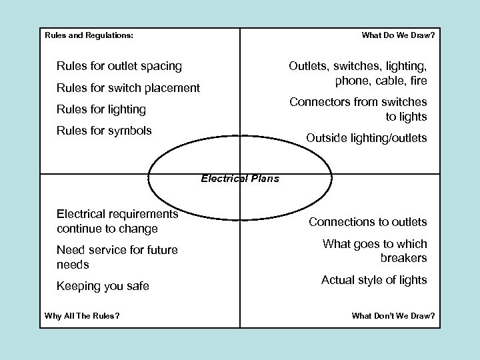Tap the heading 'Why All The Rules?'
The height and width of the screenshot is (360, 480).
pyautogui.click(x=82, y=315)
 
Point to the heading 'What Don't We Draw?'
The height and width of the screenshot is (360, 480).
pyautogui.click(x=393, y=315)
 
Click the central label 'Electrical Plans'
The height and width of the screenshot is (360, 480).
pyautogui.click(x=240, y=178)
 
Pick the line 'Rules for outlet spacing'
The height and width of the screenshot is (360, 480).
pyautogui.click(x=119, y=66)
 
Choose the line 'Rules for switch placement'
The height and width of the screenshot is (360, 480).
pyautogui.click(x=128, y=87)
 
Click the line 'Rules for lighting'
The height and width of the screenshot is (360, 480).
pyautogui.click(x=101, y=109)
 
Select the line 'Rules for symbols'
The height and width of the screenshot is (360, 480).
pyautogui.click(x=104, y=130)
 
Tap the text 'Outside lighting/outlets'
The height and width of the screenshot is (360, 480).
pyautogui.click(x=366, y=138)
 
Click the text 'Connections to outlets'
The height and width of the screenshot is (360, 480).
pyautogui.click(x=367, y=221)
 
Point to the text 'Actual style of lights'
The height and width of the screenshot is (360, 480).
pyautogui.click(x=374, y=280)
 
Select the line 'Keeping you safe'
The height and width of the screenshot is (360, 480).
pyautogui.click(x=103, y=286)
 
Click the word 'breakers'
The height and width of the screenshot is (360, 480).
pyautogui.click(x=404, y=257)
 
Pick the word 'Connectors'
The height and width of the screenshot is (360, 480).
pyautogui.click(x=318, y=102)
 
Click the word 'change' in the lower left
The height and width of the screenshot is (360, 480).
pyautogui.click(x=137, y=229)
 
